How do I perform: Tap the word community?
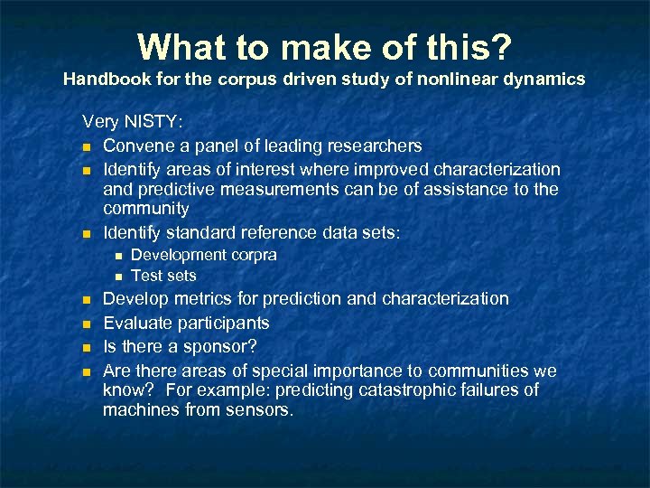[146, 209]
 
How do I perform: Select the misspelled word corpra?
[255, 255]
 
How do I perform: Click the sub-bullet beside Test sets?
[117, 277]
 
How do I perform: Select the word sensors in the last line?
[262, 409]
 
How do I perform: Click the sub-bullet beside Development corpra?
[117, 256]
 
